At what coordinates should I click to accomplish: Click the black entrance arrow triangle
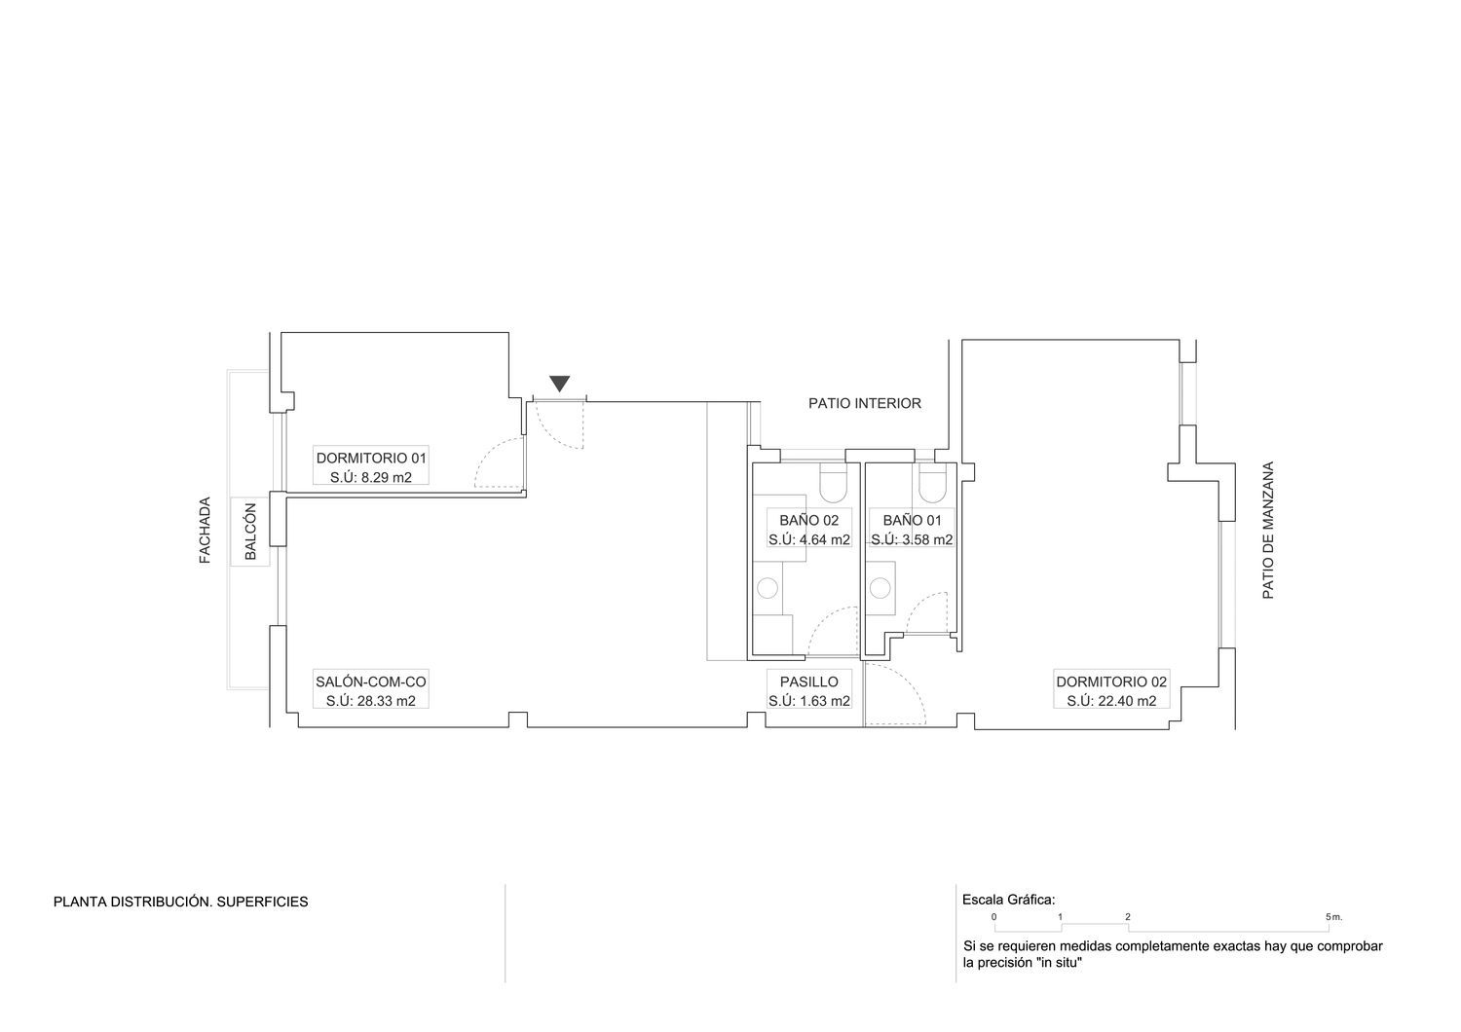pyautogui.click(x=560, y=383)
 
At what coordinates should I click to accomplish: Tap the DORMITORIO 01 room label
pyautogui.click(x=371, y=458)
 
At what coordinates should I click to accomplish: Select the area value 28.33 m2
pyautogui.click(x=389, y=701)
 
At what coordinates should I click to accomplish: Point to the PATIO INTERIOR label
pyautogui.click(x=865, y=403)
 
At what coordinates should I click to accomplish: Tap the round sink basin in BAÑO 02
pyautogui.click(x=768, y=588)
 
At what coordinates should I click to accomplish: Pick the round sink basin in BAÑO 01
pyautogui.click(x=880, y=588)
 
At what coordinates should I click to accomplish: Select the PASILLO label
pyautogui.click(x=809, y=682)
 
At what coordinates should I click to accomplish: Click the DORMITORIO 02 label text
pyautogui.click(x=1111, y=682)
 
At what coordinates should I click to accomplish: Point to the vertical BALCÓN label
pyautogui.click(x=250, y=532)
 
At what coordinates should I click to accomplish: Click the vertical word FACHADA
pyautogui.click(x=205, y=530)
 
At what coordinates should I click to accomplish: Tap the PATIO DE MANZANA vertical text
pyautogui.click(x=1267, y=530)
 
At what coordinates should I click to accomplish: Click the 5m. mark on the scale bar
pyautogui.click(x=1333, y=916)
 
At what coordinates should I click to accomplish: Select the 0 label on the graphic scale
pyautogui.click(x=994, y=916)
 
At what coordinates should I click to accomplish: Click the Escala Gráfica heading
pyautogui.click(x=1008, y=901)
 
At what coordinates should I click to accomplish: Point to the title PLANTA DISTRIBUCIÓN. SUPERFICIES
pyautogui.click(x=180, y=902)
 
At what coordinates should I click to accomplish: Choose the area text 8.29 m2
pyautogui.click(x=387, y=477)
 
